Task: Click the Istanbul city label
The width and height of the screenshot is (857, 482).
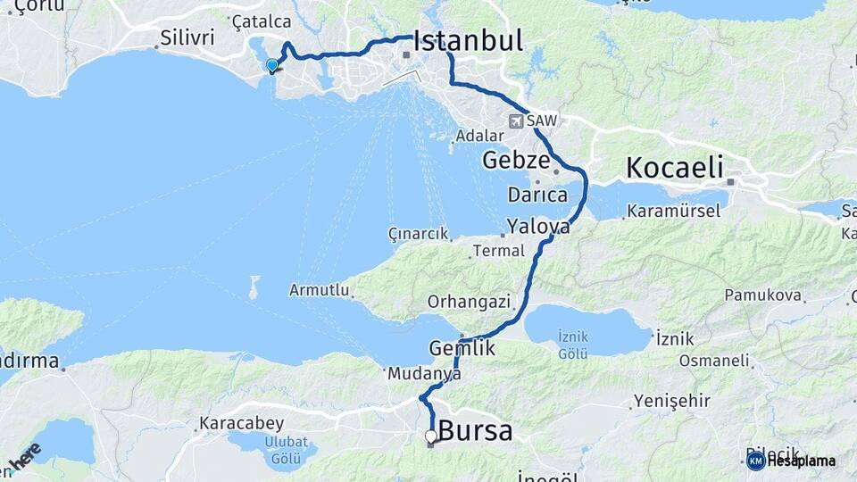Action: (468, 41)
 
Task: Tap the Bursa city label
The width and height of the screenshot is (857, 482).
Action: (477, 432)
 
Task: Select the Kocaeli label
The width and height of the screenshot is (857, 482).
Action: (674, 167)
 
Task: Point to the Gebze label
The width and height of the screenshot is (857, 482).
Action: (514, 161)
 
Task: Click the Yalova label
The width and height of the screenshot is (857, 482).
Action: (538, 227)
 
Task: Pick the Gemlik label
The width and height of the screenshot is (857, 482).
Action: (462, 348)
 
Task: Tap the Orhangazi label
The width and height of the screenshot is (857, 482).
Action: (469, 302)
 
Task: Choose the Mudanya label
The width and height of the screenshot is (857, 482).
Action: (424, 376)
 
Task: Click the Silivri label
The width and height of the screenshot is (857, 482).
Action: (188, 38)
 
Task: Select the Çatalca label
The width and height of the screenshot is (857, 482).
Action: (261, 21)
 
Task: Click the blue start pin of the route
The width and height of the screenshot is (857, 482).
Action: (272, 65)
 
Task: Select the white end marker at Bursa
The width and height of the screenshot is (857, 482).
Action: (431, 436)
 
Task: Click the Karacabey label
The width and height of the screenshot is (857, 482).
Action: (241, 422)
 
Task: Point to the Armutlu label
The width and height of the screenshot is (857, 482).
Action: (318, 290)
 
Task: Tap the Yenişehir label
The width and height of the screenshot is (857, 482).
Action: (672, 401)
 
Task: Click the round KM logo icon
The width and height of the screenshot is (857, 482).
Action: (755, 461)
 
